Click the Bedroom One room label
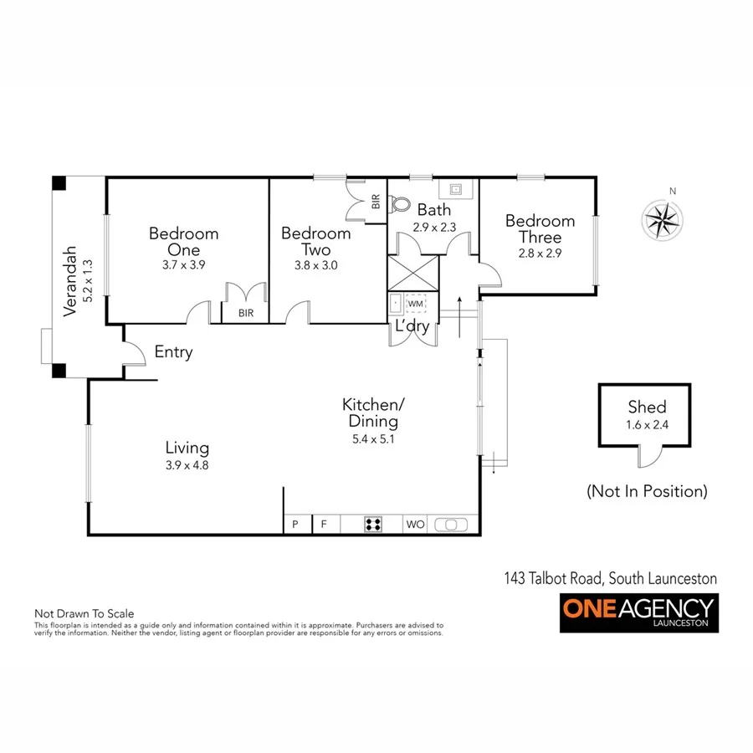pyautogui.click(x=183, y=241)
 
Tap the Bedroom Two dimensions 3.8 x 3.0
pyautogui.click(x=315, y=265)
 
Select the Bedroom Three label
pyautogui.click(x=540, y=228)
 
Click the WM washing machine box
pyautogui.click(x=416, y=303)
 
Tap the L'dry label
pyautogui.click(x=412, y=326)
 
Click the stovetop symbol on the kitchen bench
pyautogui.click(x=373, y=525)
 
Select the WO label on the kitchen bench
pyautogui.click(x=416, y=525)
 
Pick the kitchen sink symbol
pyautogui.click(x=452, y=525)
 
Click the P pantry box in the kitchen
pyautogui.click(x=295, y=525)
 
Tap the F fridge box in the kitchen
pyautogui.click(x=324, y=525)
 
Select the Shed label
pyautogui.click(x=647, y=407)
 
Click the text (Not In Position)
pyautogui.click(x=647, y=491)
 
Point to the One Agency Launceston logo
pyautogui.click(x=638, y=612)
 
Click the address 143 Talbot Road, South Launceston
pyautogui.click(x=610, y=578)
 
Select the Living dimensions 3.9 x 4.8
pyautogui.click(x=187, y=465)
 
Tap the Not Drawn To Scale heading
pyautogui.click(x=84, y=613)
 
